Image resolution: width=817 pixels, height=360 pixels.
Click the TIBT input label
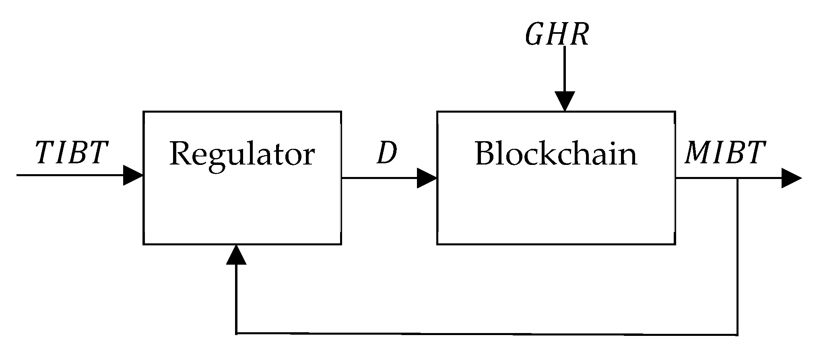(72, 153)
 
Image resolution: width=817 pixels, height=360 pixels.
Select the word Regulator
(242, 154)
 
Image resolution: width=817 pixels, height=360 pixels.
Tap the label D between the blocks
(386, 154)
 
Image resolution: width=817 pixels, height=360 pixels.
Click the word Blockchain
(556, 154)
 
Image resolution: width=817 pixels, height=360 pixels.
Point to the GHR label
(557, 35)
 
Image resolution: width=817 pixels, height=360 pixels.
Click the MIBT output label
(725, 153)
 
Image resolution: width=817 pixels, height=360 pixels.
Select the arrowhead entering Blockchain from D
(427, 178)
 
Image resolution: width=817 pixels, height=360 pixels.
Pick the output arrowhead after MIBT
(791, 178)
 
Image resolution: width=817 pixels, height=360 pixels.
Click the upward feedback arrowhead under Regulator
(236, 255)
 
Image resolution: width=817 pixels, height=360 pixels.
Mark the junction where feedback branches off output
(737, 178)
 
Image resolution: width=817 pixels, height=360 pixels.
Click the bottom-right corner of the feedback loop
(737, 334)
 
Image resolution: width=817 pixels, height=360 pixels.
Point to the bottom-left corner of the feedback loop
(236, 333)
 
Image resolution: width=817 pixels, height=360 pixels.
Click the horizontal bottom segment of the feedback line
(483, 334)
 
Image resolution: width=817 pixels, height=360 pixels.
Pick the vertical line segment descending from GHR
(565, 68)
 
